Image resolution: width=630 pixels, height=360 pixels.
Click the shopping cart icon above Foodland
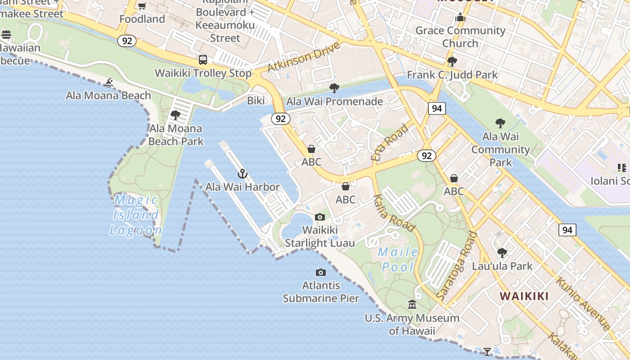click(142, 6)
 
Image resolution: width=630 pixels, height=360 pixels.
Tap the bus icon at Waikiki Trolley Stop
click(203, 60)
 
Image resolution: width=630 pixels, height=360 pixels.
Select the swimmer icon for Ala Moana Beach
click(108, 82)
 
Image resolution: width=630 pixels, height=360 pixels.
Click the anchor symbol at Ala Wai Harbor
click(243, 174)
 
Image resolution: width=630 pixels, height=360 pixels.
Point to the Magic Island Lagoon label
click(136, 215)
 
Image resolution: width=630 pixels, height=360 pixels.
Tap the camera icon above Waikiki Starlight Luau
click(320, 217)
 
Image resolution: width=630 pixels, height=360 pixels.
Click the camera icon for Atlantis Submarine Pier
click(321, 272)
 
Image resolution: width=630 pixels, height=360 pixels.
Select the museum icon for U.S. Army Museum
click(412, 305)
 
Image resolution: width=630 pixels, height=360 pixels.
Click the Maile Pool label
click(398, 259)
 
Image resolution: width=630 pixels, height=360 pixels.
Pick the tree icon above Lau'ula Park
click(502, 253)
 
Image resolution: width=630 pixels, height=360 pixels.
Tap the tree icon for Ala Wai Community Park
click(500, 123)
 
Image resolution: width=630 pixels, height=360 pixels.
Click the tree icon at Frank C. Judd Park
click(452, 62)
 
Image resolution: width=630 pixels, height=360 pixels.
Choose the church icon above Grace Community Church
click(460, 18)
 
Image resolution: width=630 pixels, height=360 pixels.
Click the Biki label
click(256, 101)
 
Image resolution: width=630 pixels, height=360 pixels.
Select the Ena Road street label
click(390, 142)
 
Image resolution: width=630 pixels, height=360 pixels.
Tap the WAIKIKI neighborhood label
click(524, 296)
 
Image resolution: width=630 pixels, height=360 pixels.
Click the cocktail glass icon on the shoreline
click(487, 351)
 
